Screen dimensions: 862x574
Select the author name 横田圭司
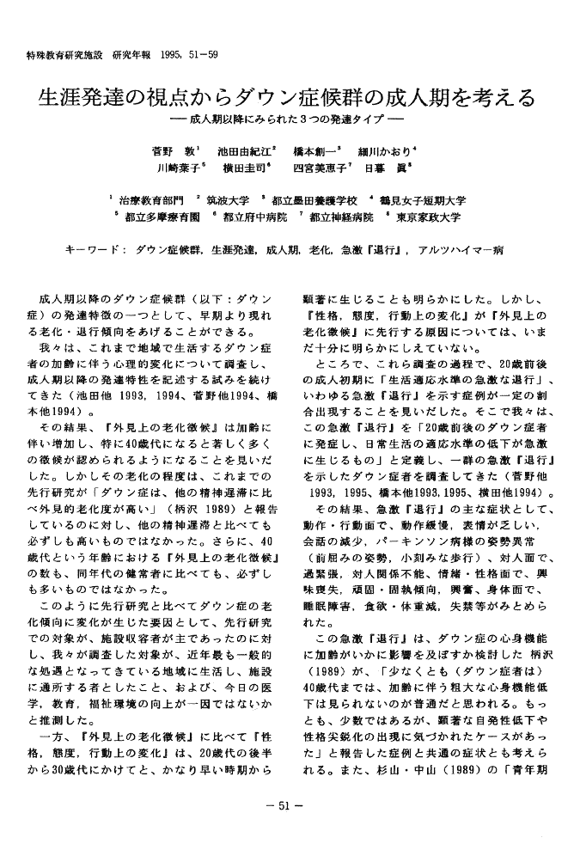[x=246, y=168]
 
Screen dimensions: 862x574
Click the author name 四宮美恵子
[x=318, y=168]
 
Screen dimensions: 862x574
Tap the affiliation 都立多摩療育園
[x=159, y=218]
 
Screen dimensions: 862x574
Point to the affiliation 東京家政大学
[x=428, y=218]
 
